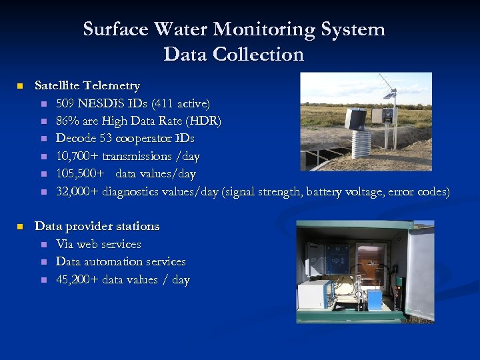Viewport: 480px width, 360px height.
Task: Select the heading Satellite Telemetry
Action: pyautogui.click(x=87, y=86)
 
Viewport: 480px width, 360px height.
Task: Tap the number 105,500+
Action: pyautogui.click(x=81, y=174)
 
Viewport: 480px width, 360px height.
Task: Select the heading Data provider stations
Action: pyautogui.click(x=97, y=227)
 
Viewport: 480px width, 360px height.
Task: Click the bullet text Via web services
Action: pyautogui.click(x=99, y=245)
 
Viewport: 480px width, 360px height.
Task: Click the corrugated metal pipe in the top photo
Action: pyautogui.click(x=361, y=143)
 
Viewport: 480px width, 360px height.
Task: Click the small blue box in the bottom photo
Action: pyautogui.click(x=375, y=299)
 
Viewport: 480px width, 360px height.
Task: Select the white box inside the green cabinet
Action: pyautogui.click(x=315, y=293)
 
